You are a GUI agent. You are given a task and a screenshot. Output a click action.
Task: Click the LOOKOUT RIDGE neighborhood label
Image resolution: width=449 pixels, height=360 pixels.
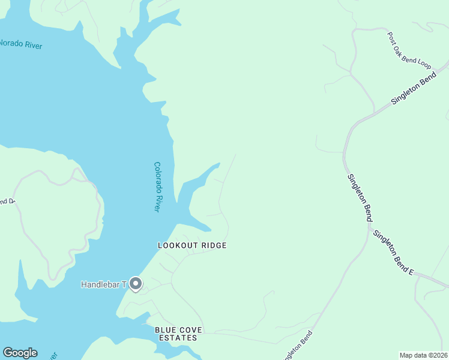click(192, 245)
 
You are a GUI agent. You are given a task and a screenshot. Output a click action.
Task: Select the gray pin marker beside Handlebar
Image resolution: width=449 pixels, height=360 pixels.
click(136, 284)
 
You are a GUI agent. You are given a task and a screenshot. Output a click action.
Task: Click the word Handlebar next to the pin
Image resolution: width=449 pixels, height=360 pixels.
click(101, 284)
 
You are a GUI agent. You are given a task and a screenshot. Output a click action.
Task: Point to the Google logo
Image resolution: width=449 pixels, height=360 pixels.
click(20, 353)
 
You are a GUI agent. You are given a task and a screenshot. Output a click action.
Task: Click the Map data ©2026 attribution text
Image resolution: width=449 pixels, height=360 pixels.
click(423, 355)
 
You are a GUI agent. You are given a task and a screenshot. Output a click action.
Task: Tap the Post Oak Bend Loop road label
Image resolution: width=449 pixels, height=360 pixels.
click(409, 50)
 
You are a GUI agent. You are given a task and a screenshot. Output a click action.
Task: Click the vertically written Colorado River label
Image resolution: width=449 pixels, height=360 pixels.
click(157, 187)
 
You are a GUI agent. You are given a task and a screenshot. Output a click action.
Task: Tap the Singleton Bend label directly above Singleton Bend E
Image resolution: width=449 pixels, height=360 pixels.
click(359, 197)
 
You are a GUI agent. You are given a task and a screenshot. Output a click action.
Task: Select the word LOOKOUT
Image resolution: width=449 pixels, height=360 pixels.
click(178, 245)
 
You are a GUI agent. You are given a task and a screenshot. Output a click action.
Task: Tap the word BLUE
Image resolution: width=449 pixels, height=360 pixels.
click(165, 330)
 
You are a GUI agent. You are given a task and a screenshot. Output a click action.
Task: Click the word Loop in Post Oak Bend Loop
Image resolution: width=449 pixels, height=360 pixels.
click(425, 64)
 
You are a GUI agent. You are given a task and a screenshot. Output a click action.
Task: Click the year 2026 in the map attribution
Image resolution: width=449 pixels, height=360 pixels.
click(438, 355)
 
